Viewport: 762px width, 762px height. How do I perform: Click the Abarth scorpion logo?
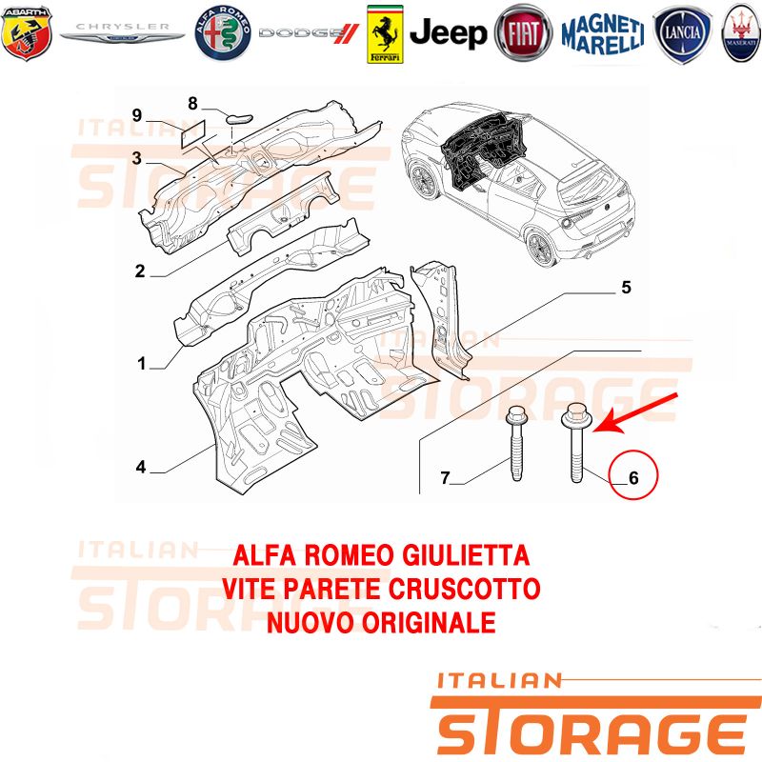(27, 32)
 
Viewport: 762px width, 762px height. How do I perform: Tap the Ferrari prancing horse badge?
(385, 34)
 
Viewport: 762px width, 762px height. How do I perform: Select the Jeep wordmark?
(448, 33)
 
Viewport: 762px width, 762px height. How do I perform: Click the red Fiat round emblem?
(523, 33)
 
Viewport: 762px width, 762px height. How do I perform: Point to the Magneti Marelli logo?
(603, 34)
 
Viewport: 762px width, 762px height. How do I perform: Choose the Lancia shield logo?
(682, 34)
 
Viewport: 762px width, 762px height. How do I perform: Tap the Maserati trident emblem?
(742, 33)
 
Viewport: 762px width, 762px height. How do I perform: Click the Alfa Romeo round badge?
(223, 33)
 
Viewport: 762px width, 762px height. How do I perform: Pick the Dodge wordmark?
(309, 33)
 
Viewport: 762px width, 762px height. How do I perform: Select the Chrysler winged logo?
(123, 32)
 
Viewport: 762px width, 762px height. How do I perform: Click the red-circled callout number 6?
(633, 478)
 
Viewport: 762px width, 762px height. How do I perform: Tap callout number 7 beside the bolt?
(445, 478)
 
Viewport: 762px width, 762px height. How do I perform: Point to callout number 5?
(627, 288)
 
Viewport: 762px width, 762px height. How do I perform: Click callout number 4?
(141, 467)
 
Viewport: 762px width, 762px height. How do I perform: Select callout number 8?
(193, 103)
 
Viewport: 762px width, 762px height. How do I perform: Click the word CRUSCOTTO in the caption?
(465, 589)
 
